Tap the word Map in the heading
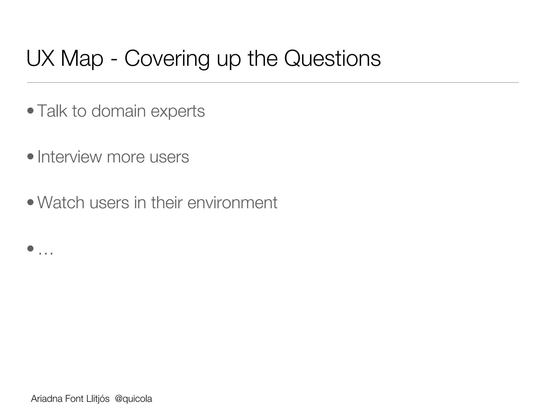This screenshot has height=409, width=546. point(82,59)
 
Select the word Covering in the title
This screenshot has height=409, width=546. point(167,59)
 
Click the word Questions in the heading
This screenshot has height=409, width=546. point(332,59)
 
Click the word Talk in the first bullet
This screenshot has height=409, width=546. point(52,111)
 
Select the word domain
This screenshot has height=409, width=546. point(118,111)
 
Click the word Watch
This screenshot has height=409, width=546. point(61,202)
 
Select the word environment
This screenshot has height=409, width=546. point(232,203)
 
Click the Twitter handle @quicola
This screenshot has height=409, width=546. point(133,399)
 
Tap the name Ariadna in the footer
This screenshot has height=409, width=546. point(47,399)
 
